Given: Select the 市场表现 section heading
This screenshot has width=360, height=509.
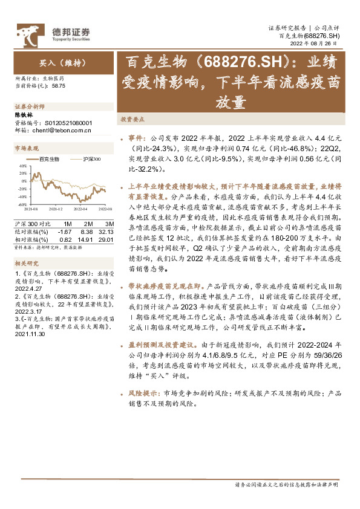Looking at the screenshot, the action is point(26,149).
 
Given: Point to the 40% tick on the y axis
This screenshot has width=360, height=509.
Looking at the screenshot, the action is point(22,164).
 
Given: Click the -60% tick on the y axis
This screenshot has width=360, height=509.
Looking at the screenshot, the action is point(22,204).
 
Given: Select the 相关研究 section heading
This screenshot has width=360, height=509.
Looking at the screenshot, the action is point(26,264).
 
